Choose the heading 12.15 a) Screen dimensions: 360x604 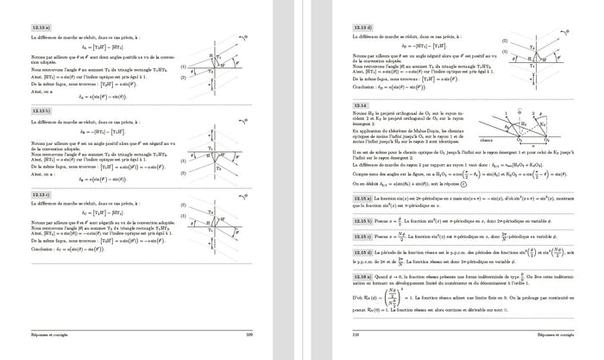[363, 223]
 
